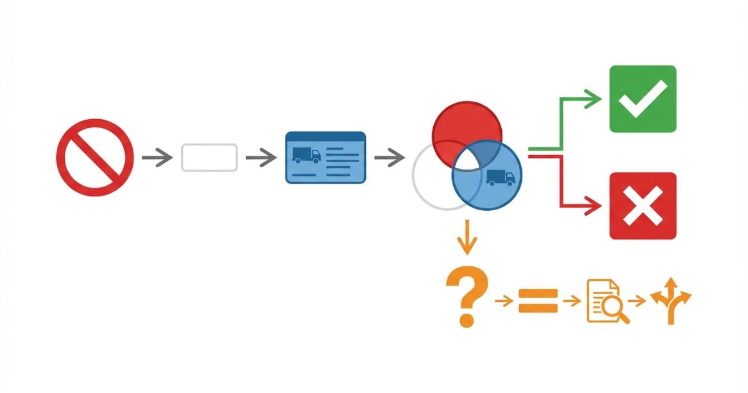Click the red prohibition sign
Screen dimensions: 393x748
pyautogui.click(x=95, y=157)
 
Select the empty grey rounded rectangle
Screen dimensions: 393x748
pyautogui.click(x=209, y=157)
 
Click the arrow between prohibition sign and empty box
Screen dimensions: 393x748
pyautogui.click(x=156, y=157)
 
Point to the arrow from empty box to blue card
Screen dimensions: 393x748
pyautogui.click(x=261, y=157)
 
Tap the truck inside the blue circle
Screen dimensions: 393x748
pyautogui.click(x=501, y=178)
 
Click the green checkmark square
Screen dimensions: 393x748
pyautogui.click(x=643, y=99)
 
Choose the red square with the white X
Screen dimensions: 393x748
pyautogui.click(x=643, y=206)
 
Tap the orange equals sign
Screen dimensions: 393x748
pyautogui.click(x=538, y=301)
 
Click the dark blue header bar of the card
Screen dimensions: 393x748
pyautogui.click(x=325, y=136)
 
